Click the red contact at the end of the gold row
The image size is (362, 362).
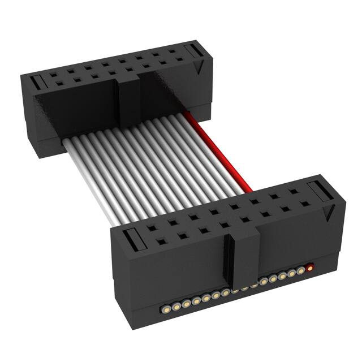point(309,267)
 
